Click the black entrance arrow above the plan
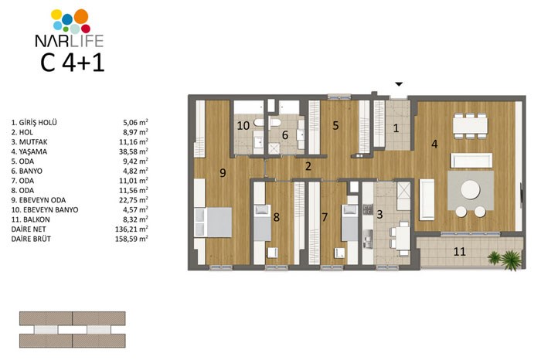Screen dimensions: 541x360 (x=399, y=83)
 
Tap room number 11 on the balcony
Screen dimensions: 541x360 (x=460, y=251)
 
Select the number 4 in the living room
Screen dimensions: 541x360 (x=434, y=144)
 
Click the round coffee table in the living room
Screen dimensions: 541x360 (x=470, y=189)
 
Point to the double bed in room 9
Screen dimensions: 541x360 (x=213, y=222)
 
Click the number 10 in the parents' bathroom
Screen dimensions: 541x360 (x=243, y=125)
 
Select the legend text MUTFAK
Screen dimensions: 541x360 (x=33, y=141)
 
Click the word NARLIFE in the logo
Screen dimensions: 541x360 (x=70, y=40)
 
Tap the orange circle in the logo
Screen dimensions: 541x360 (x=81, y=16)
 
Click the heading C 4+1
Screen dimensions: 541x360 (x=73, y=63)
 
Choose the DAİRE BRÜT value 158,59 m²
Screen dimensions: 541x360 (x=131, y=239)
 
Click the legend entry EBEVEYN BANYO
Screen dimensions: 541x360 (x=50, y=209)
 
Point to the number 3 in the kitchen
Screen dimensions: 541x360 (x=380, y=215)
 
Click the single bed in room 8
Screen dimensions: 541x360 (x=262, y=222)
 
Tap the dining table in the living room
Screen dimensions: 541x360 (x=470, y=125)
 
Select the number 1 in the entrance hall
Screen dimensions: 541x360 (x=396, y=128)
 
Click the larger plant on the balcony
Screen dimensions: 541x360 (x=511, y=260)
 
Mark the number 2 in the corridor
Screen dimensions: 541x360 (x=308, y=166)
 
